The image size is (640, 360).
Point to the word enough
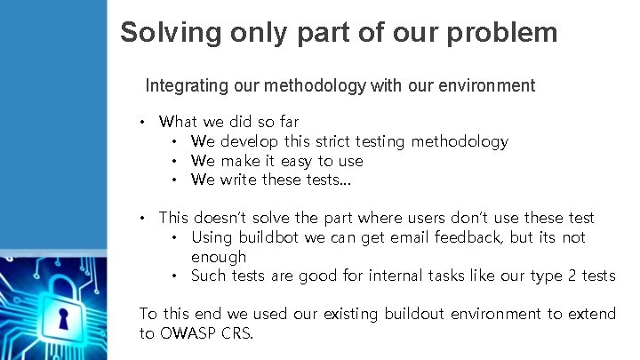tap(219, 257)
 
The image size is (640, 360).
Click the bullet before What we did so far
tap(143, 122)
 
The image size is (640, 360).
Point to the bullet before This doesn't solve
tap(143, 218)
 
